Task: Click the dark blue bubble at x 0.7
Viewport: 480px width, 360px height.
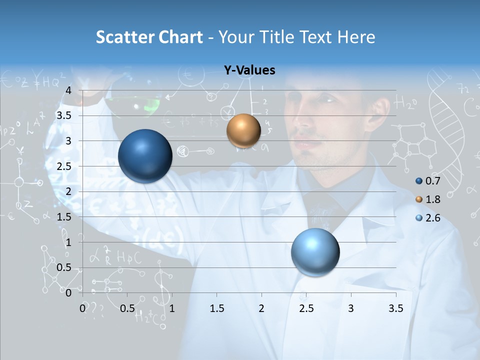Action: coord(145,156)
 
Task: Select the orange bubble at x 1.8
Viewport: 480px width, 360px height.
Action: coord(243,130)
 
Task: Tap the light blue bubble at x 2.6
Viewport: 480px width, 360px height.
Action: coord(315,252)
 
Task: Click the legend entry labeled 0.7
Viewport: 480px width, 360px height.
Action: coord(427,181)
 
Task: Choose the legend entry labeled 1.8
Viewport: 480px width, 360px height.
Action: coord(427,199)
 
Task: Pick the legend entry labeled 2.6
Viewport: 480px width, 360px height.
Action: coord(427,218)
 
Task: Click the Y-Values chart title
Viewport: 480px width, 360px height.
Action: coord(249,70)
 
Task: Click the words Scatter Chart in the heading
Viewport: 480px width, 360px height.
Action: coord(149,37)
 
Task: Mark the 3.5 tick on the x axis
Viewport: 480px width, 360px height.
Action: coord(395,308)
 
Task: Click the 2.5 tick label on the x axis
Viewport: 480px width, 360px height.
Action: coord(306,308)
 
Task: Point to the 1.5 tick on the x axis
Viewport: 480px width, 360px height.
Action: coord(216,308)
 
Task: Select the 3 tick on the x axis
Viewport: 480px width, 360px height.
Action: coord(351,308)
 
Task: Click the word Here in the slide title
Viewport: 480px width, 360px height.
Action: coord(356,37)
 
